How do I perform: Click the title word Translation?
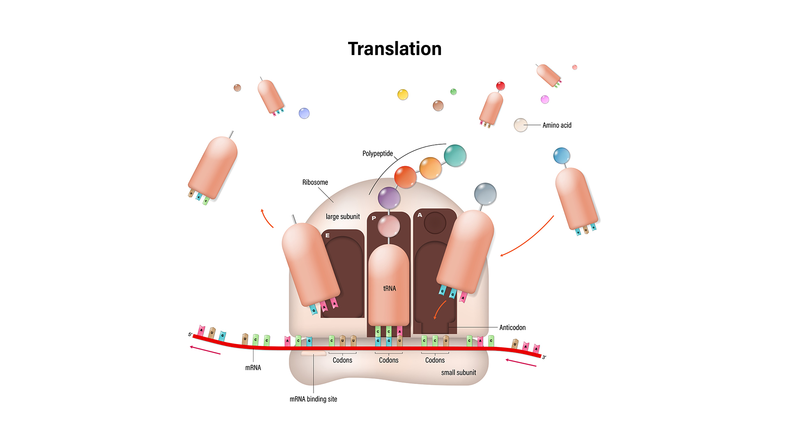click(x=394, y=49)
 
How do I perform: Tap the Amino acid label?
click(x=556, y=125)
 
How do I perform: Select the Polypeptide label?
click(x=377, y=154)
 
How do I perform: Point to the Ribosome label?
click(x=315, y=183)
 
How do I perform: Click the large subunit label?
click(x=343, y=217)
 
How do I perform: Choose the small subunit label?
click(x=458, y=373)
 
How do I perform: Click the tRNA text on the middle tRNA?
click(x=389, y=289)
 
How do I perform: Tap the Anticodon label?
click(x=512, y=328)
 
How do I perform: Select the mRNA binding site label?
click(x=313, y=399)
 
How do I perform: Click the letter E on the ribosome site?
click(x=328, y=236)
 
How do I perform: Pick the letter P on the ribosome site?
click(x=374, y=218)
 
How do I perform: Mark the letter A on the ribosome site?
click(x=420, y=215)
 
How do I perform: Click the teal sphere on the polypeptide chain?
click(x=455, y=155)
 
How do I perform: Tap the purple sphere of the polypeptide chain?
click(x=389, y=198)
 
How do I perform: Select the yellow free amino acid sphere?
click(x=403, y=95)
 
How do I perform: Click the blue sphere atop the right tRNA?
click(x=561, y=156)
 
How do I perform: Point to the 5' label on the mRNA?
click(x=190, y=335)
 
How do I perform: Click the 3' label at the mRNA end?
click(x=544, y=357)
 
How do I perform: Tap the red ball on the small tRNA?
click(x=500, y=86)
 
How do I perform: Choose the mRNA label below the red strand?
click(x=253, y=368)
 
